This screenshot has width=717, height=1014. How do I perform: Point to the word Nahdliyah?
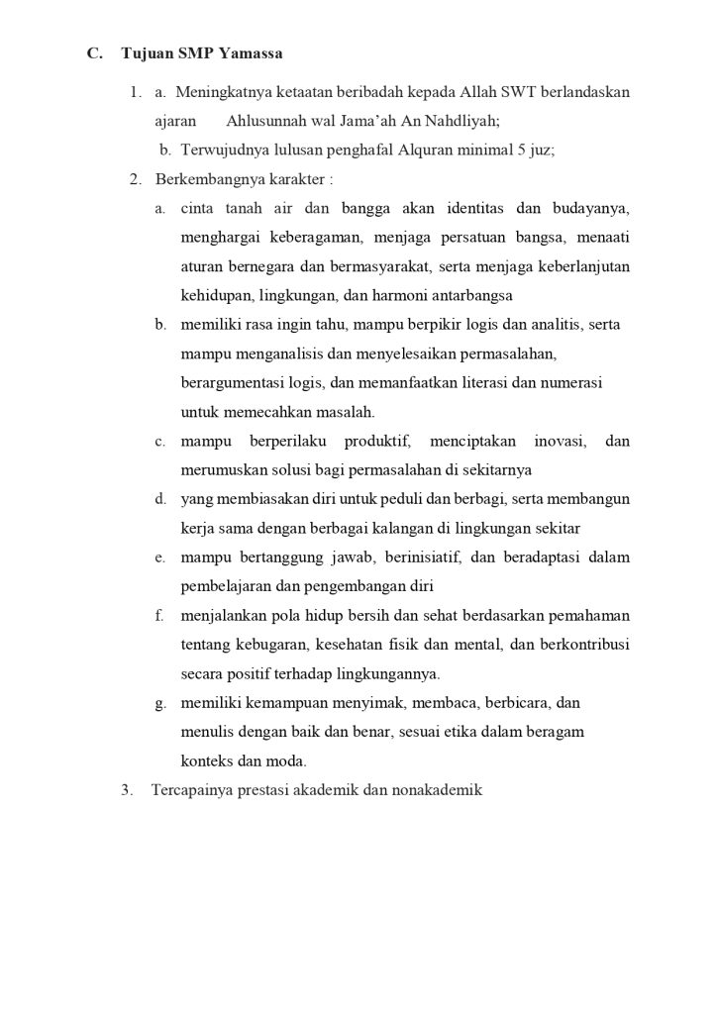click(459, 122)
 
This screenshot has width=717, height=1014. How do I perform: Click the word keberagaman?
click(302, 238)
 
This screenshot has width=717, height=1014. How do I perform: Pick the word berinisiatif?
click(417, 558)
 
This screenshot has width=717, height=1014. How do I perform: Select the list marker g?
click(159, 703)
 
